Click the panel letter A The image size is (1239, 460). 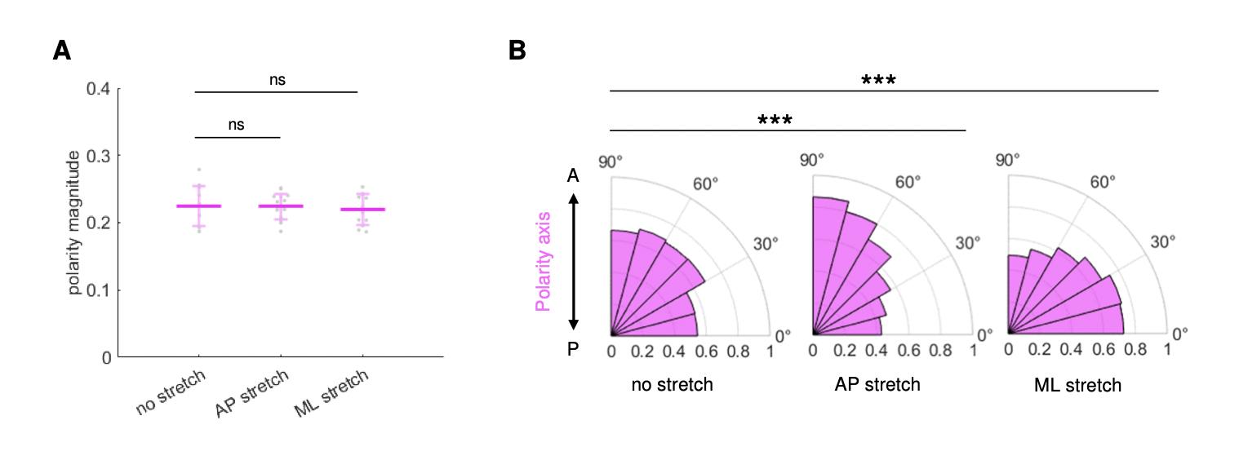coord(61,51)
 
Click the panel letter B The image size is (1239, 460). coord(517,51)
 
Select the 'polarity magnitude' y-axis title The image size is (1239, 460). coord(73,222)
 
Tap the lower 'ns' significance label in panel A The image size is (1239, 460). coord(236,125)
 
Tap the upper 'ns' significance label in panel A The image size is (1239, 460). coord(277,80)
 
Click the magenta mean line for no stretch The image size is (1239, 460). coord(198,206)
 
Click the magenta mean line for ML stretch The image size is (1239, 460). coord(362,210)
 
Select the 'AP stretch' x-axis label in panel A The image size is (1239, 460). coord(252,393)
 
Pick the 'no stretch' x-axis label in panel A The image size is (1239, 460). coord(171,393)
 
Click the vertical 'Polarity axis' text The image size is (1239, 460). coord(543,261)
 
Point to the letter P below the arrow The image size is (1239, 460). coord(573,349)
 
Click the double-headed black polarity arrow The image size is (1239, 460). coord(573,261)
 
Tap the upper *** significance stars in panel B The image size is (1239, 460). coord(878,80)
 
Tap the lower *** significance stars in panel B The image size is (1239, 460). coord(775,121)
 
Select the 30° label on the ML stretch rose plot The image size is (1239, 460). coord(1163,242)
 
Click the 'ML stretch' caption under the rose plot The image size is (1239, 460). coord(1077,385)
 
